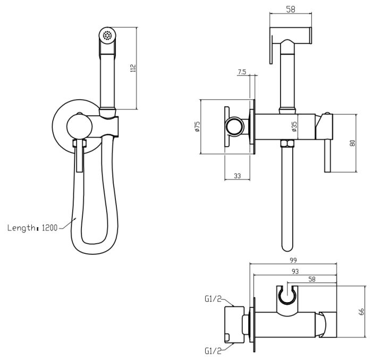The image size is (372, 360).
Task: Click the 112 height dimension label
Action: pos(133,68)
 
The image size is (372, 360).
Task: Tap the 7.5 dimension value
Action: pos(242,72)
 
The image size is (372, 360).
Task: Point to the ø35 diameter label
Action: pos(294,127)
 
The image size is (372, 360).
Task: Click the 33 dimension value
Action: pos(237,176)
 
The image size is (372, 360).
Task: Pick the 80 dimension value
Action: pos(352,143)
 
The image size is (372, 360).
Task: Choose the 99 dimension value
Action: pos(293,260)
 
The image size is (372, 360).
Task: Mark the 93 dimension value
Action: pos(295,272)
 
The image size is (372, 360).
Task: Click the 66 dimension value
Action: pos(361,312)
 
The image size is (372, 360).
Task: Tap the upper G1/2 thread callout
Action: pos(213,299)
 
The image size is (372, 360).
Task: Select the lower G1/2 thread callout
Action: pos(213,351)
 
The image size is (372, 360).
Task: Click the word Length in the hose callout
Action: pos(21,228)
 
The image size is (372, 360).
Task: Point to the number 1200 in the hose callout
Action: pos(50,228)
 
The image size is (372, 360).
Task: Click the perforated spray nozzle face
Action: pos(107,36)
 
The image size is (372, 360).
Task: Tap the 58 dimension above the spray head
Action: pos(291,9)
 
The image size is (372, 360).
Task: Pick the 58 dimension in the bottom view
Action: pos(312,279)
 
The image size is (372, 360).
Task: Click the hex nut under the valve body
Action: pos(287,143)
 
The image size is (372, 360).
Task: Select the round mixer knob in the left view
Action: pos(79,126)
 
